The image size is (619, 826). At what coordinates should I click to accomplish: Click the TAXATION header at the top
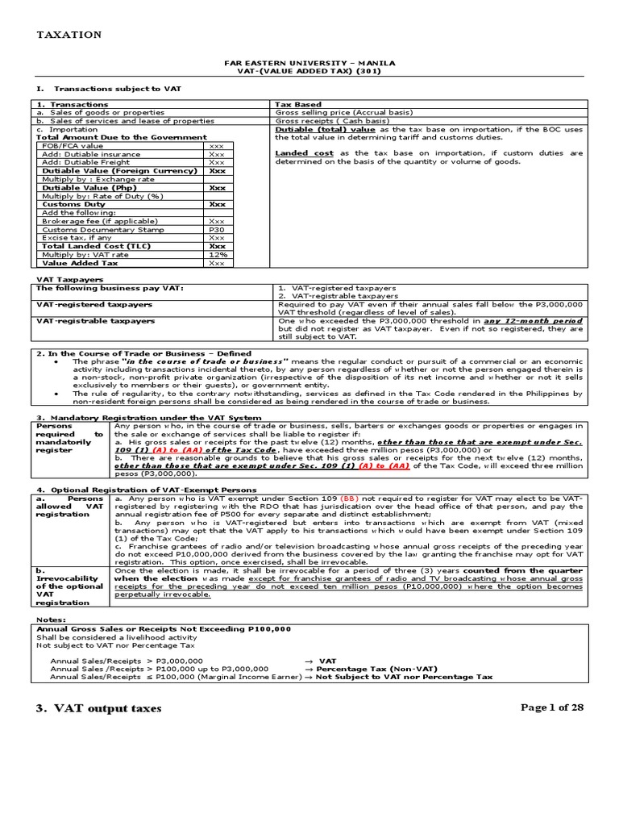(69, 35)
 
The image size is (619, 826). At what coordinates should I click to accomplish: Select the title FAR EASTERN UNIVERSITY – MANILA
(309, 62)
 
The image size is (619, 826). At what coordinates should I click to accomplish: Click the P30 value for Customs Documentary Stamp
(217, 229)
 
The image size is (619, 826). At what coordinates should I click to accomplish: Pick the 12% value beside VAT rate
(217, 254)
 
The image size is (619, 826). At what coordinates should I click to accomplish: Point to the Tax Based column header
(298, 104)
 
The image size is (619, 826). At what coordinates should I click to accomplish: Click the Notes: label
(52, 619)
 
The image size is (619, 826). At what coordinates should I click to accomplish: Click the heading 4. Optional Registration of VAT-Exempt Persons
(147, 489)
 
